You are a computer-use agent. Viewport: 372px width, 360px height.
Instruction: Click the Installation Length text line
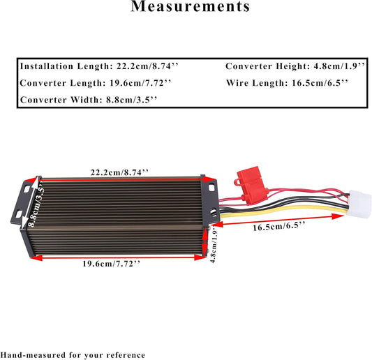click(x=100, y=67)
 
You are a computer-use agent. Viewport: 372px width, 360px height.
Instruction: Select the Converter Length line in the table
click(x=96, y=83)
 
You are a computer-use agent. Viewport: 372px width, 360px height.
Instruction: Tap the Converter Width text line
click(x=89, y=100)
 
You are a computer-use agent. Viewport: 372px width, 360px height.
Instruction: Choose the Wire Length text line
click(x=288, y=83)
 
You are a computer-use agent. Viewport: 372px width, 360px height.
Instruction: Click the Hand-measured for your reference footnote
click(x=73, y=355)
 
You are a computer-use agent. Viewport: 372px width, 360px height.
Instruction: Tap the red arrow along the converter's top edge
click(x=119, y=180)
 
